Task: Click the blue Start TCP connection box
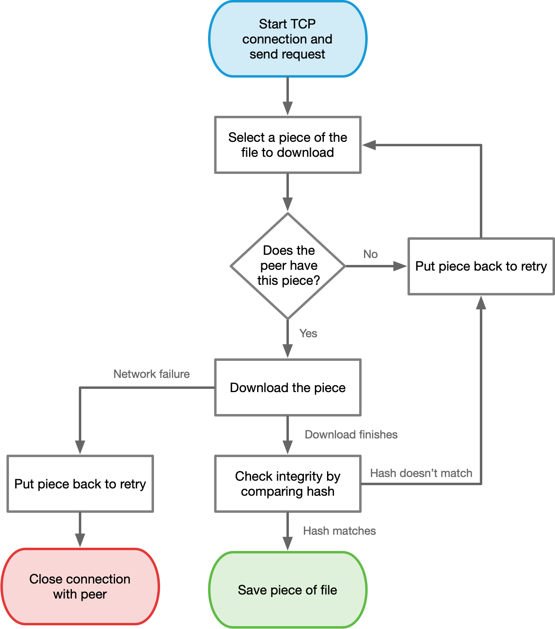pos(288,39)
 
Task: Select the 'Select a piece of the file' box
pos(288,145)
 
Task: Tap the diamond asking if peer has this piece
pos(288,266)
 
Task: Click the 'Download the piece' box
pos(288,387)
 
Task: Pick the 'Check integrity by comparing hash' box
pos(288,484)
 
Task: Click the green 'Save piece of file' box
pos(288,590)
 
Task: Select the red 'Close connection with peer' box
pos(80,586)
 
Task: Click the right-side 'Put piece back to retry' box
pos(481,266)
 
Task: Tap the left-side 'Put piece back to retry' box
pos(80,484)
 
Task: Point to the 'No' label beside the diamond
pos(371,254)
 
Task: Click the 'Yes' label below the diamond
pos(308,333)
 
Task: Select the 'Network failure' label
pos(152,374)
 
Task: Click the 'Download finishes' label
pos(351,434)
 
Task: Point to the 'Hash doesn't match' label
pos(421,473)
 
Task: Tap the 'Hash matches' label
pos(339,531)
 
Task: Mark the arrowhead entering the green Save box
pos(288,544)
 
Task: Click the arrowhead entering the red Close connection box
pos(80,540)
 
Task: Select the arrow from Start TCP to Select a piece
pos(288,95)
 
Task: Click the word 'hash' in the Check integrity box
pos(321,491)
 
